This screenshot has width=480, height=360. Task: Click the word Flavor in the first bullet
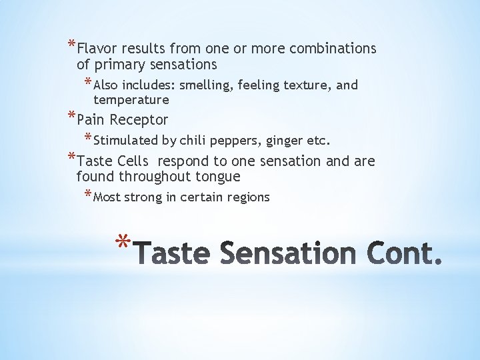97,49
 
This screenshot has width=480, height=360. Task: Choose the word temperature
131,100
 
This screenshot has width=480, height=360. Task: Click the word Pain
91,120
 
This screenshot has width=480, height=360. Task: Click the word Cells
133,161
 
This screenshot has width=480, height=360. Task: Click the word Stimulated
125,141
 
